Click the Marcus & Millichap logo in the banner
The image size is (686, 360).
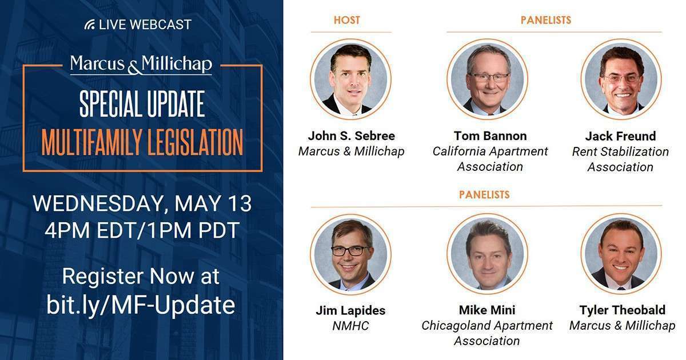pos(141,65)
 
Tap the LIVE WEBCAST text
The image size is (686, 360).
pos(145,25)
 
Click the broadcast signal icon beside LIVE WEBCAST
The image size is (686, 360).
pos(89,25)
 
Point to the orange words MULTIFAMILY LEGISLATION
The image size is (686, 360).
pos(142,142)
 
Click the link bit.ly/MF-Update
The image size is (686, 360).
pos(141,305)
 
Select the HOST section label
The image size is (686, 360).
pos(347,21)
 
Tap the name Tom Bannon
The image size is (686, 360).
pos(490,136)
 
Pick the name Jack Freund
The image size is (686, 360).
pos(620,137)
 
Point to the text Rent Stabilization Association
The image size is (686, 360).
pos(620,159)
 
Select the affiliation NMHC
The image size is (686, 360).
pos(350,326)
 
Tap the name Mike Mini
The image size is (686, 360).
pos(487,310)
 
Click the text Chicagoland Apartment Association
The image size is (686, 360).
pos(487,333)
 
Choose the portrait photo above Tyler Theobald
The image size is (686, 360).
pos(621,254)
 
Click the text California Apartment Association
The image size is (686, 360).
pos(490,159)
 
